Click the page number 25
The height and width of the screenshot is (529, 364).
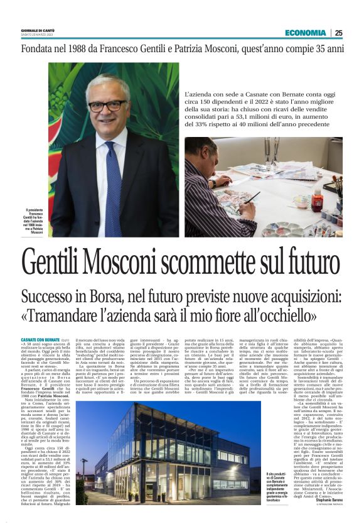tap(338, 33)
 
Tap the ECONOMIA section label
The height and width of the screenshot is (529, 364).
tap(305, 33)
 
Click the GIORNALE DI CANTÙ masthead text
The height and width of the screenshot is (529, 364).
tap(38, 30)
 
